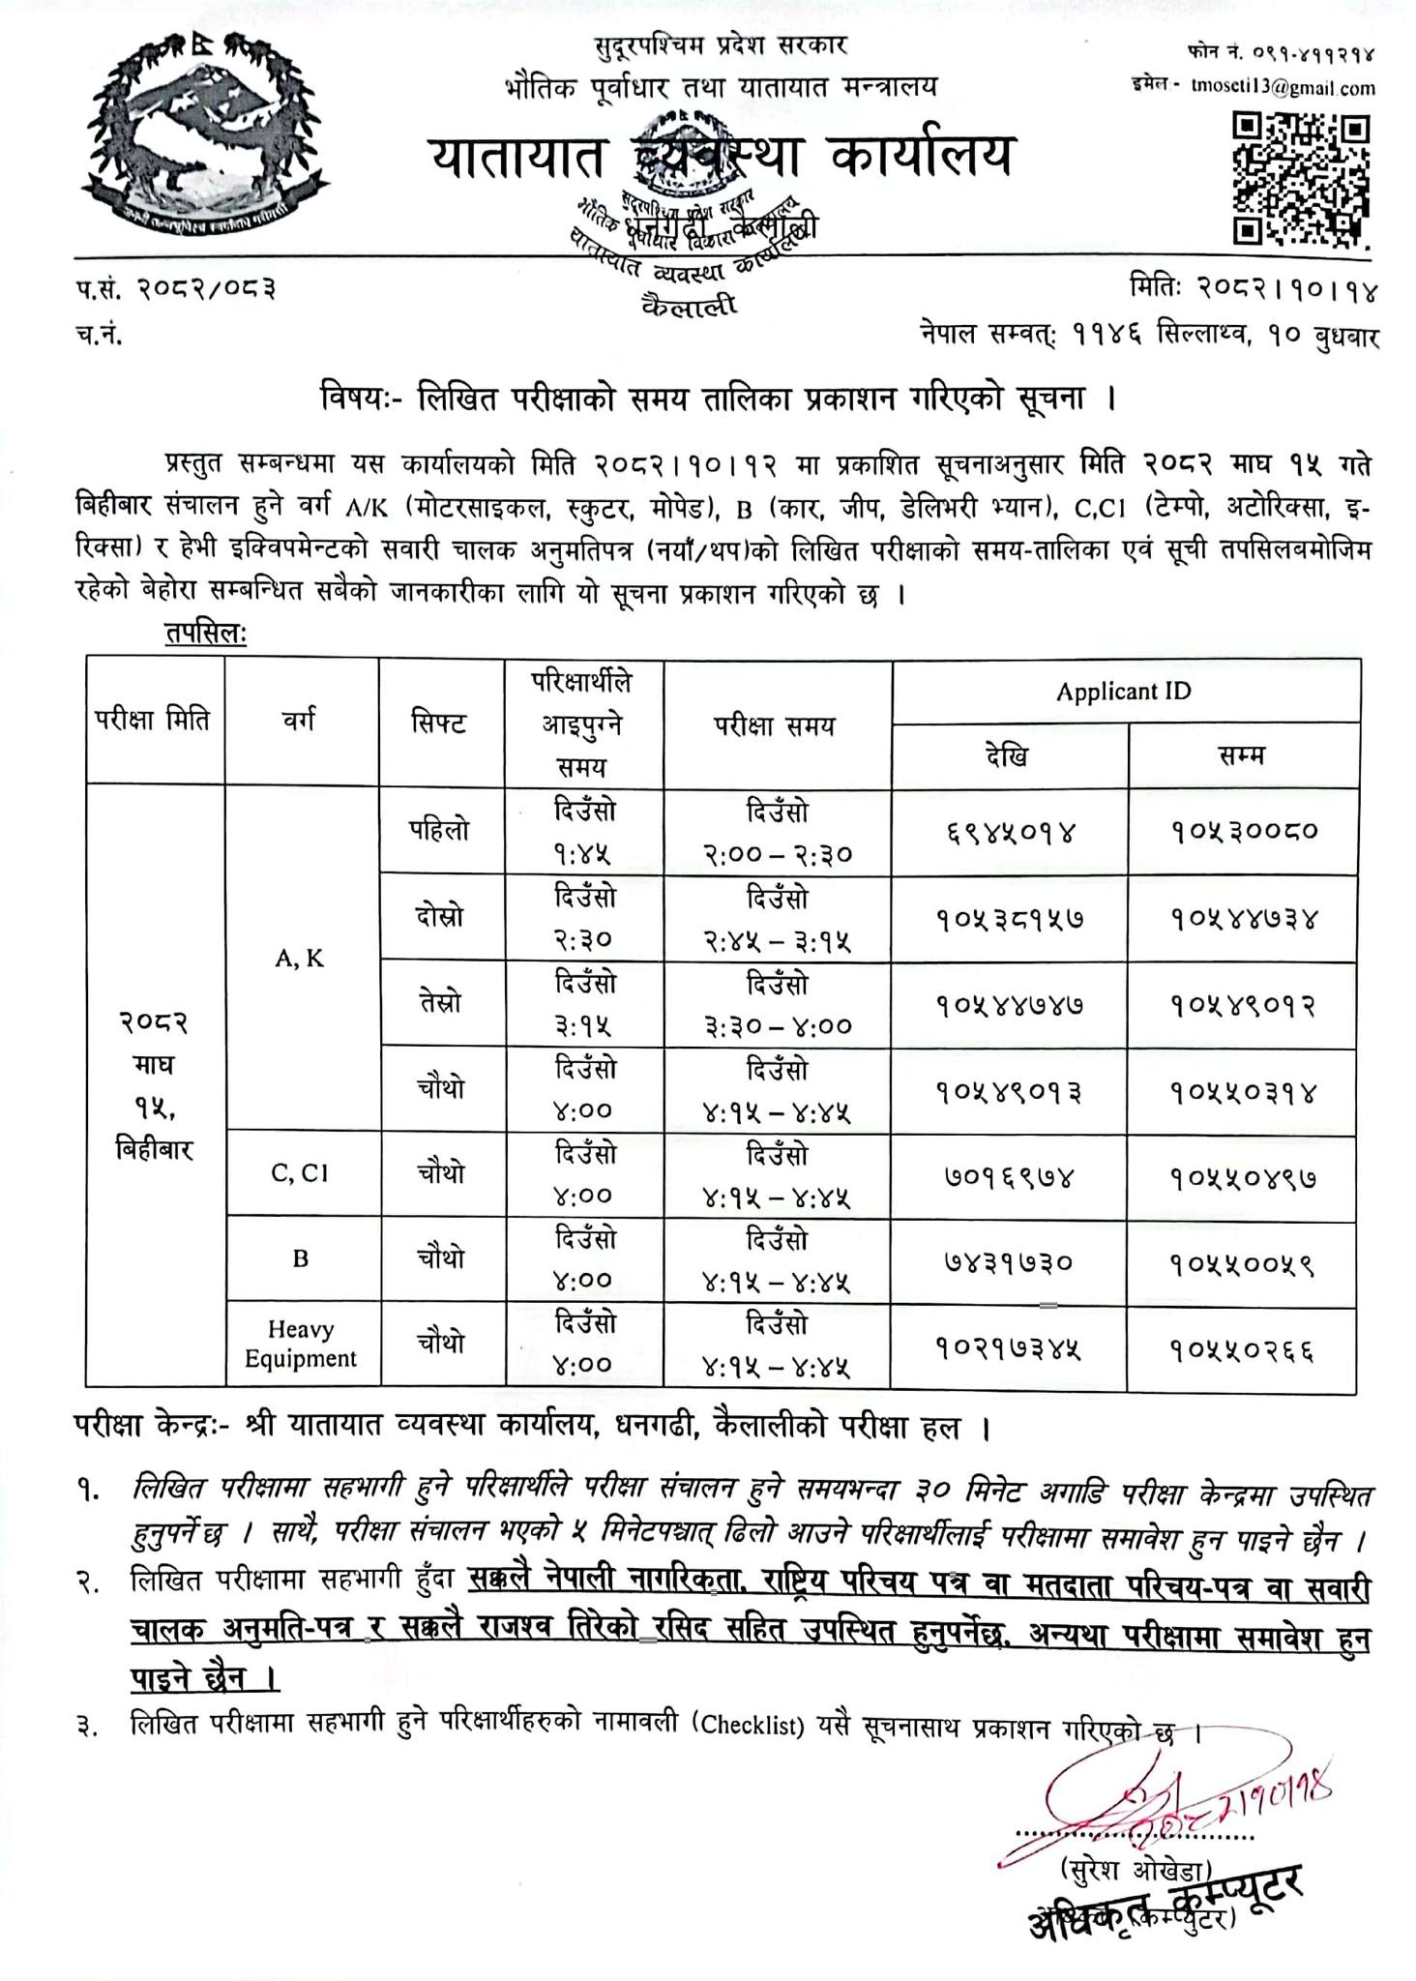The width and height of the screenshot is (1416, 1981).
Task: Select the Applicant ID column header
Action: click(1124, 692)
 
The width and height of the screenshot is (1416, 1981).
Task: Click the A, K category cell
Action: click(300, 959)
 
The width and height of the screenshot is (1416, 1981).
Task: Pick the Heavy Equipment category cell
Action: click(300, 1345)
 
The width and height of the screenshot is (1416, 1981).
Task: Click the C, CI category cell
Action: click(300, 1173)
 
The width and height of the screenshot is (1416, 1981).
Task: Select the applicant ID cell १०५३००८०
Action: click(1243, 830)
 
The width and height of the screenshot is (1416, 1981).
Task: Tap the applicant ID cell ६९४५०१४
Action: click(1008, 830)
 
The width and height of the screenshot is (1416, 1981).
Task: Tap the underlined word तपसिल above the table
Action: click(205, 635)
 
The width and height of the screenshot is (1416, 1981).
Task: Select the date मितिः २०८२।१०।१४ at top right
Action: click(1254, 289)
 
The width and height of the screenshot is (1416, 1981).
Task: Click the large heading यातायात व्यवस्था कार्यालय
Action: click(721, 156)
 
